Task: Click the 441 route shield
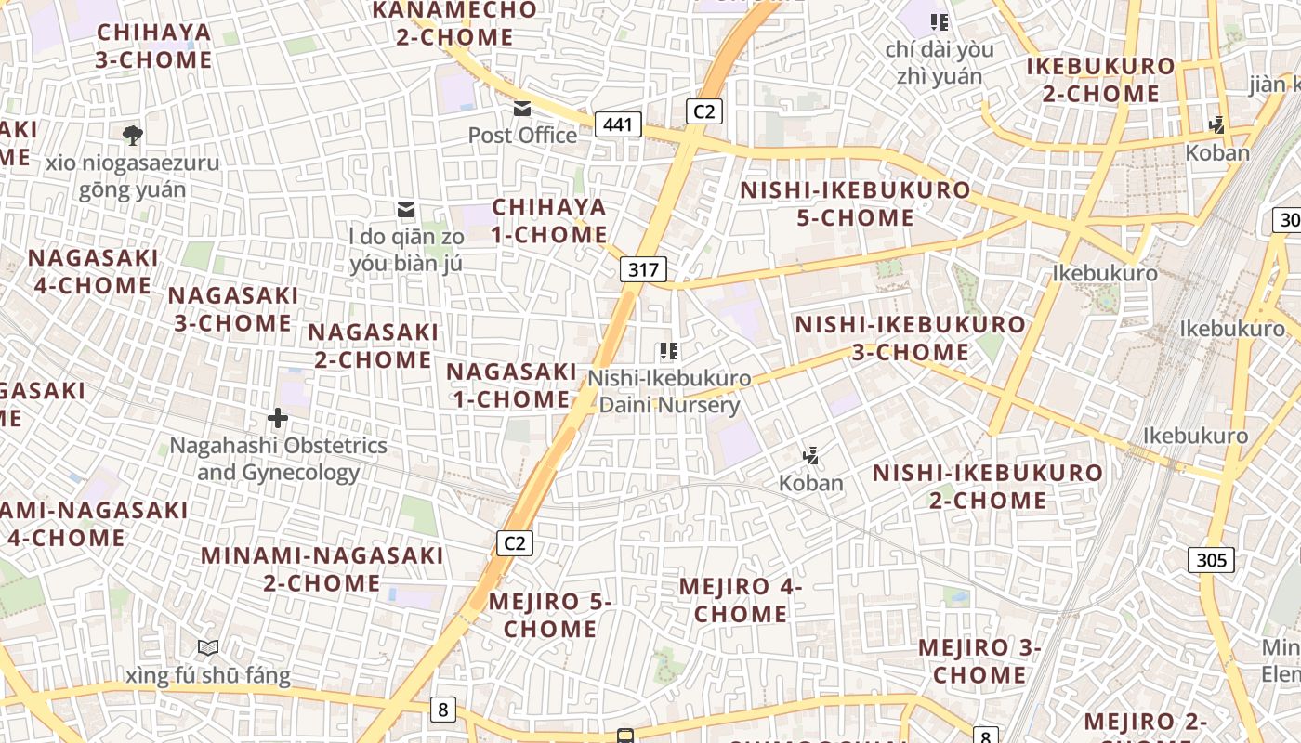[x=618, y=124]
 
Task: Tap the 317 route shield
[x=643, y=269]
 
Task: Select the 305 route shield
[x=1211, y=559]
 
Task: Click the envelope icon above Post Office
[x=522, y=110]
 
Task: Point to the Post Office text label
[x=522, y=136]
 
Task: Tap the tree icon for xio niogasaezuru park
[x=133, y=136]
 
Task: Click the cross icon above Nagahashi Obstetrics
[x=277, y=419]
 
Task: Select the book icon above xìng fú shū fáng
[x=208, y=647]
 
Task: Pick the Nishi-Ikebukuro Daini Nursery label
[x=669, y=392]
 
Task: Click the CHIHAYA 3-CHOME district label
[x=154, y=46]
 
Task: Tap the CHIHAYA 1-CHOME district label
[x=549, y=221]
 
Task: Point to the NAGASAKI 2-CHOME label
[x=374, y=345]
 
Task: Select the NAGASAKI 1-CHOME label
[x=511, y=385]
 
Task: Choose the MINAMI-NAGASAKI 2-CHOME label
[x=322, y=569]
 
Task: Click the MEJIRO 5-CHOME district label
[x=550, y=615]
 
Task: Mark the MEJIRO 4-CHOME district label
[x=741, y=600]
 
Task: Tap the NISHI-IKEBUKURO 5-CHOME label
[x=855, y=204]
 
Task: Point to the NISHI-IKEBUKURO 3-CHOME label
[x=911, y=338]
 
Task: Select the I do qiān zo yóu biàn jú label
[x=406, y=250]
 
